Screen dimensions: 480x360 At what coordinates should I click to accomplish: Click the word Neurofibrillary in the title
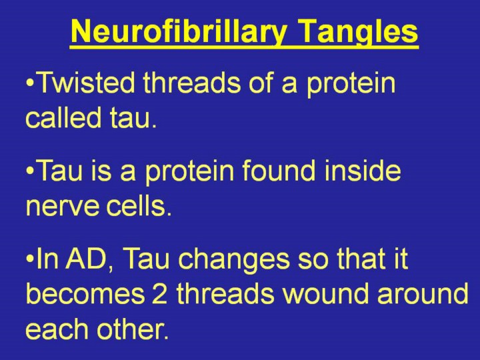coord(179,33)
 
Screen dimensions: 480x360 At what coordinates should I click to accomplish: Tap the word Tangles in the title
coord(358,33)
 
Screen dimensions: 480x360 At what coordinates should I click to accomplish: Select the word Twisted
coord(87,83)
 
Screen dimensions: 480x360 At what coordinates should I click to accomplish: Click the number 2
coord(159,294)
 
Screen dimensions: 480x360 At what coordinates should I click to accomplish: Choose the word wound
coord(325,294)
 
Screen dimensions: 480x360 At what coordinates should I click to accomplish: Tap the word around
coord(423,294)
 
